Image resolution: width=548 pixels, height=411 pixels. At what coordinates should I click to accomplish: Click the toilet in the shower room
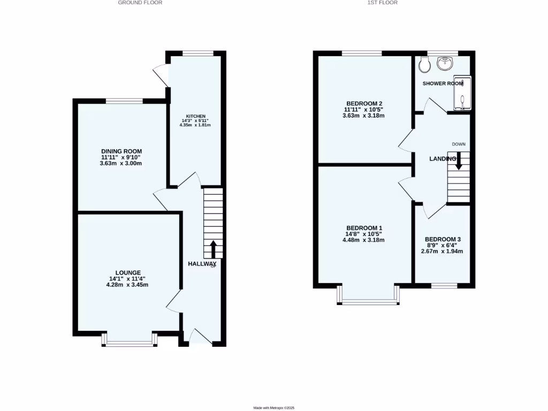425,65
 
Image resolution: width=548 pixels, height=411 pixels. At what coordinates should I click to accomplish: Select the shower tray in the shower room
463,93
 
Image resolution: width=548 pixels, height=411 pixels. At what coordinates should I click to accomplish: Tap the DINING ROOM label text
121,151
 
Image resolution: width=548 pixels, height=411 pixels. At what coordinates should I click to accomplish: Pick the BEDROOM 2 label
365,103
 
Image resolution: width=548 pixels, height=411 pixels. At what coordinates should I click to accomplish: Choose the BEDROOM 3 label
443,240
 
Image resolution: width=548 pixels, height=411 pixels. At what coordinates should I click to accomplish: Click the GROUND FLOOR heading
140,3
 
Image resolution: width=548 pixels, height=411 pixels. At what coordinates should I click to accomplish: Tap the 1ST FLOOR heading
382,3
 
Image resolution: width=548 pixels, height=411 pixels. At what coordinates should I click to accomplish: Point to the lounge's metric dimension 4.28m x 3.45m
127,285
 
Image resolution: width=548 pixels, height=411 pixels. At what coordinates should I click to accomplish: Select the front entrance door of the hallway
201,338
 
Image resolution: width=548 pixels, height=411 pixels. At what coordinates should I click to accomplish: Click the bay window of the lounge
129,342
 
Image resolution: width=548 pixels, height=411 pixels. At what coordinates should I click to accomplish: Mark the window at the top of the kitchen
197,52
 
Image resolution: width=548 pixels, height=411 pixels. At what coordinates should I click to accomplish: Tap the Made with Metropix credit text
274,408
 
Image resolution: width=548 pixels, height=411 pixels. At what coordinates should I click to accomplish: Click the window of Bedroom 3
444,285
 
